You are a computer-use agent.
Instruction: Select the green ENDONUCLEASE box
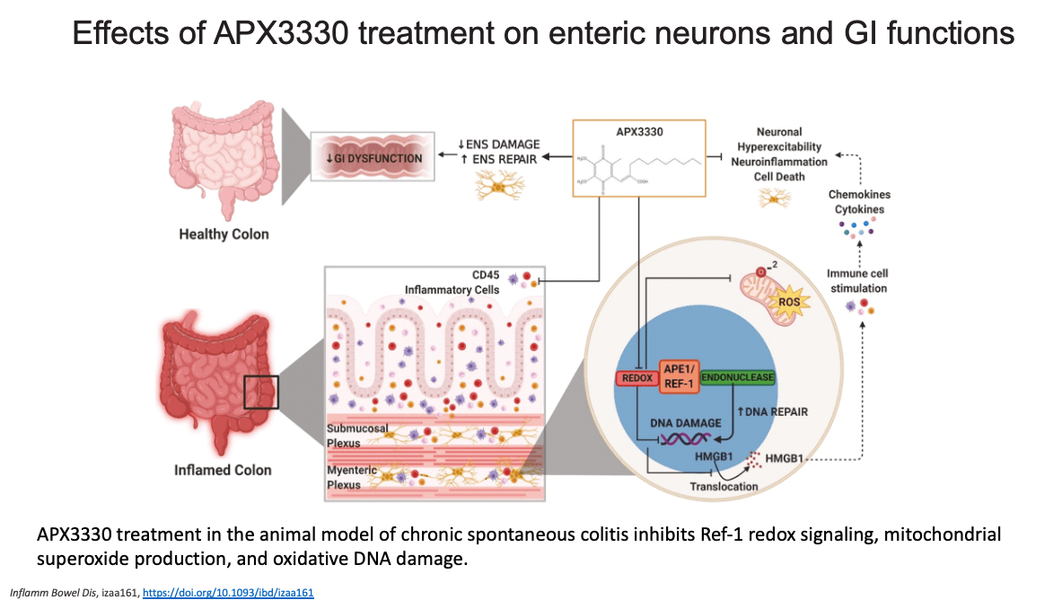click(x=737, y=378)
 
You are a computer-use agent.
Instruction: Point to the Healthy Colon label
click(x=224, y=234)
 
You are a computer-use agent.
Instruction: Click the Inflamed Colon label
click(x=223, y=470)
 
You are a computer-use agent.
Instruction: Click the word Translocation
click(x=724, y=486)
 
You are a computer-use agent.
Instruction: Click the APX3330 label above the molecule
click(x=638, y=131)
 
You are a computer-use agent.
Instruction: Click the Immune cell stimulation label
click(x=856, y=281)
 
